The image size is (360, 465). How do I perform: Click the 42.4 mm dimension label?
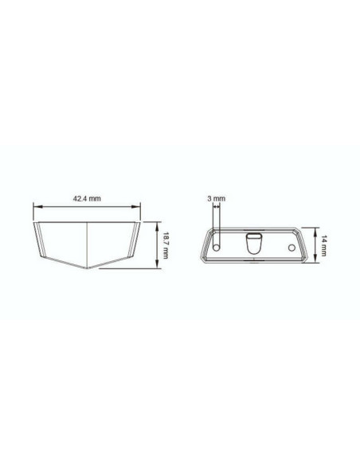pos(87,198)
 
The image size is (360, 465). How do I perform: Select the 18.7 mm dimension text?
pos(165,245)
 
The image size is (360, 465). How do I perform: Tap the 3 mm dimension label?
pos(216,198)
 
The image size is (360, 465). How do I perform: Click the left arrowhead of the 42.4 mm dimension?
pos(36,206)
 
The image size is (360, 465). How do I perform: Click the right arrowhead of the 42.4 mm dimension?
pos(137,206)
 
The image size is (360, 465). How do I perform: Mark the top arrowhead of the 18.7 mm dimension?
pos(157,225)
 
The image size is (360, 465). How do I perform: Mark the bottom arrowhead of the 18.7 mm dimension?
pos(157,265)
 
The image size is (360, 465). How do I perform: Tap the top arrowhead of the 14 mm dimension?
pos(315,231)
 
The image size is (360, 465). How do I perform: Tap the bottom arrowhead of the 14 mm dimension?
pos(315,260)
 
